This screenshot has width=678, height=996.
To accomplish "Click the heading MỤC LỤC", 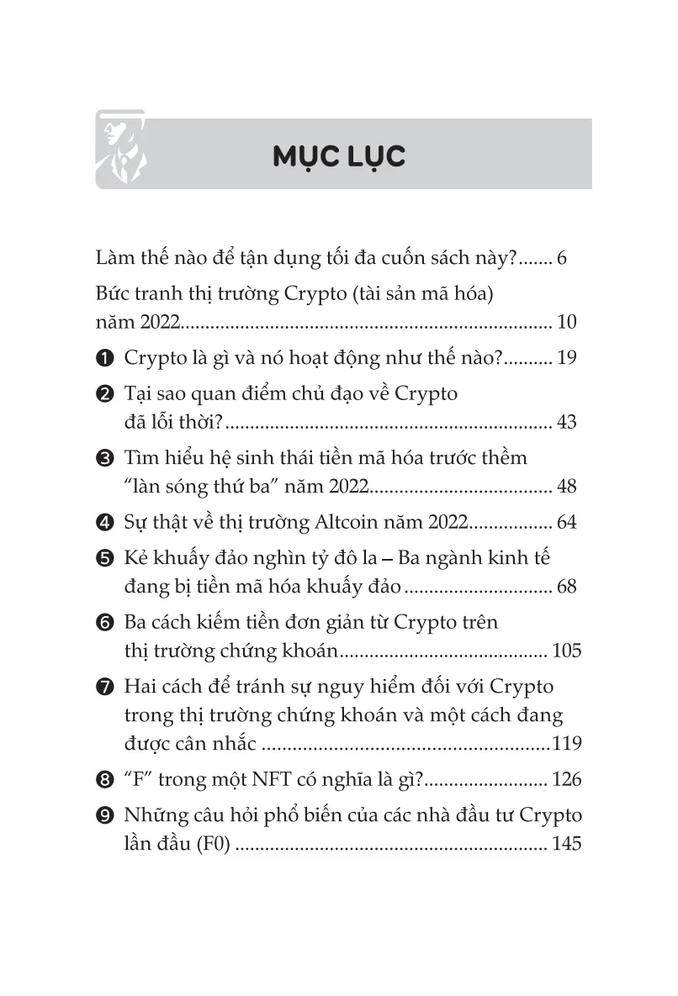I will [x=339, y=155].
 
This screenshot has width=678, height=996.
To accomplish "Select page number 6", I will [x=562, y=258].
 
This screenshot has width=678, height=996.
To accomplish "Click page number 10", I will [x=566, y=323].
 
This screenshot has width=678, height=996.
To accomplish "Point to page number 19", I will [x=566, y=358].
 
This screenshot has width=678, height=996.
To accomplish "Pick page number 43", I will [x=566, y=422].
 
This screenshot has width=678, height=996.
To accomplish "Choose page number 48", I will [x=566, y=487].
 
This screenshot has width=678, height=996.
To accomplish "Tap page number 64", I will [x=566, y=523].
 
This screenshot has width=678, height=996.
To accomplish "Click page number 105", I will [x=564, y=651].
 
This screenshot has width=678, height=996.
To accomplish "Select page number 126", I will [x=566, y=780].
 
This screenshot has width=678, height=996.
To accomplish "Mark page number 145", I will [x=566, y=844].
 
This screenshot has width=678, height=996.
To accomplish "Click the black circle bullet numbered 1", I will [x=104, y=359].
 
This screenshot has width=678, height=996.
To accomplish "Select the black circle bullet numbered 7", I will [x=104, y=688].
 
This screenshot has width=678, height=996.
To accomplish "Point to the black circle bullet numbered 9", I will [x=104, y=816].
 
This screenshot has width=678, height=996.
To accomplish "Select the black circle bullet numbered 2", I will [x=104, y=394].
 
